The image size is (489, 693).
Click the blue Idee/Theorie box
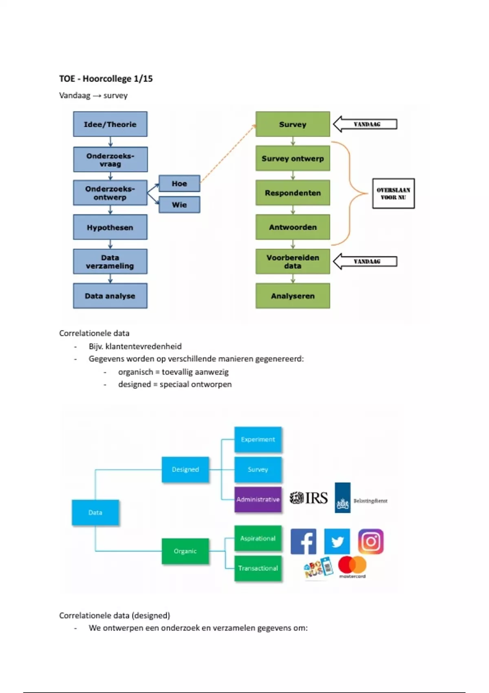click(110, 124)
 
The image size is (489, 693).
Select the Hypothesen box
click(110, 227)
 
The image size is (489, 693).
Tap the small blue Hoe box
click(179, 183)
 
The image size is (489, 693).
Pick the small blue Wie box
click(179, 205)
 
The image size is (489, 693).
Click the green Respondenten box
click(293, 193)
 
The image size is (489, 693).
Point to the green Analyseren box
click(293, 296)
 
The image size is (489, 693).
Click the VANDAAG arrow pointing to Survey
click(365, 124)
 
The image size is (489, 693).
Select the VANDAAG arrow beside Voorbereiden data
click(365, 261)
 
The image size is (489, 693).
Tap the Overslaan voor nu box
click(393, 193)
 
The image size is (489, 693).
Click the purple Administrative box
click(258, 499)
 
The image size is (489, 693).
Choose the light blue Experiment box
click(258, 439)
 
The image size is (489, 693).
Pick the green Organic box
click(185, 551)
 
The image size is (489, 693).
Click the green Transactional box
click(258, 568)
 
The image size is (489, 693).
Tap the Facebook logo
click(304, 541)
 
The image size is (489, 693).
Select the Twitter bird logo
click(337, 541)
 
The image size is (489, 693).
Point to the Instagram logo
click(371, 541)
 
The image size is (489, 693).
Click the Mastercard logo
click(352, 567)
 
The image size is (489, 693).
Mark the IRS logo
click(308, 498)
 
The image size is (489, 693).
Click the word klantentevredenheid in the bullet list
click(143, 346)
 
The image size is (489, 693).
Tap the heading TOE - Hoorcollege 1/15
click(106, 79)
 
